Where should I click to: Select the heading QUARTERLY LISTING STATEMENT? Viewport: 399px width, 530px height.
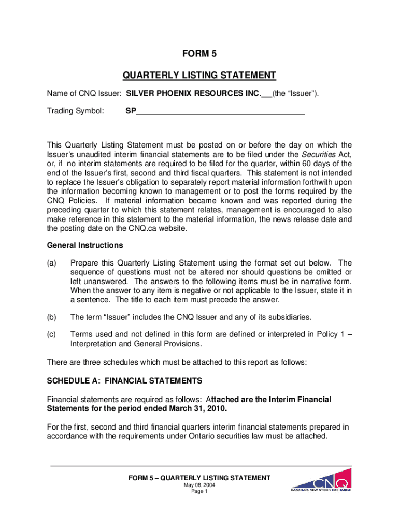point(199,76)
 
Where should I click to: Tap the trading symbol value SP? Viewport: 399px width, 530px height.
point(130,111)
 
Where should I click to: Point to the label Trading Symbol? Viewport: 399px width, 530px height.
point(75,111)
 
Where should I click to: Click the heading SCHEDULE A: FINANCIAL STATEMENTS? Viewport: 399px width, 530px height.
point(124,381)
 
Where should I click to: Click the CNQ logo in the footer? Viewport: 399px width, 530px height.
point(321,480)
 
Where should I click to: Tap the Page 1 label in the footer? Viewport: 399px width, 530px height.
point(199,492)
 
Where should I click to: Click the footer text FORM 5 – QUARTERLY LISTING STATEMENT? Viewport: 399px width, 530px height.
point(199,478)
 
